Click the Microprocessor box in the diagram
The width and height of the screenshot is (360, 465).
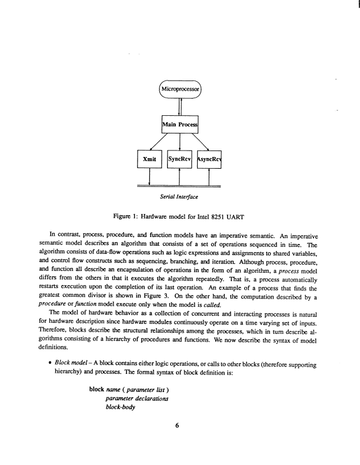pyautogui.click(x=181, y=91)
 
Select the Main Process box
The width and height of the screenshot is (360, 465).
pyautogui.click(x=180, y=125)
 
